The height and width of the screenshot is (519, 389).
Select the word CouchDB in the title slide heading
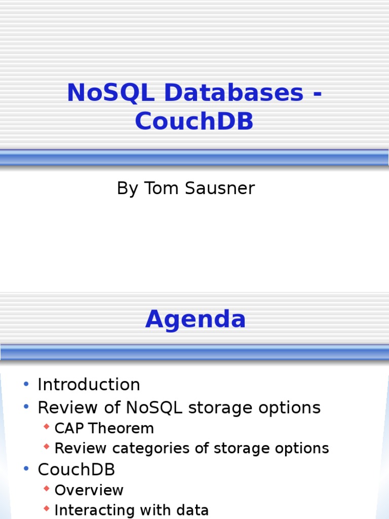tap(194, 122)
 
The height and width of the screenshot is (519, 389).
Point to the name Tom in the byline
tap(154, 189)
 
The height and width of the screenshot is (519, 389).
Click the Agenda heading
tap(196, 320)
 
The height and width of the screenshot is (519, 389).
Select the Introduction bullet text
tap(89, 385)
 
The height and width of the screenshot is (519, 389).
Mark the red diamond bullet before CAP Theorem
tap(47, 427)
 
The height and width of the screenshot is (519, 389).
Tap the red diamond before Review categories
tap(47, 448)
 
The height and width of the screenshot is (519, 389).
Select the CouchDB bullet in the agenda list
tap(76, 470)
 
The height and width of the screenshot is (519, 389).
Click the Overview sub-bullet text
tap(89, 490)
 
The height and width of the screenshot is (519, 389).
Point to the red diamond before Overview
tap(47, 489)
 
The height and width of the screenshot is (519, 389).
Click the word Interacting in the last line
tap(94, 510)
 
